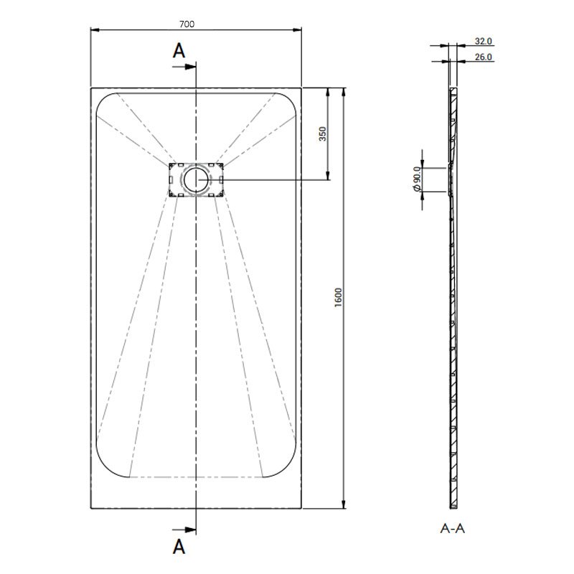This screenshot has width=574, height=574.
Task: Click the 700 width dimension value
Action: coord(187,24)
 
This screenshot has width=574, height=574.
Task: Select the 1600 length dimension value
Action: coord(338,296)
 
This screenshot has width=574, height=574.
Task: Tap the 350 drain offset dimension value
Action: coord(322,133)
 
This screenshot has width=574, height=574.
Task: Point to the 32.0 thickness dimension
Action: coord(483,42)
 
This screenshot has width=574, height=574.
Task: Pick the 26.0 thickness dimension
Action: coord(483,57)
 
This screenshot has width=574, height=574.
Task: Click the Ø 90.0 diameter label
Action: coord(415,177)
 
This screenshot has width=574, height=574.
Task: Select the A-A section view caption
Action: coord(452,529)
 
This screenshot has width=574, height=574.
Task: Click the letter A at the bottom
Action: coord(179,547)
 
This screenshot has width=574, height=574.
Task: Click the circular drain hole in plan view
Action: coord(195,179)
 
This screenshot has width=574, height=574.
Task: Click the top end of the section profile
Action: coord(451,90)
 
